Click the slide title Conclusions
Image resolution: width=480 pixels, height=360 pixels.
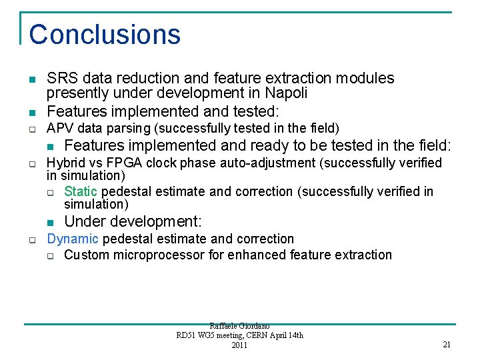(x=105, y=35)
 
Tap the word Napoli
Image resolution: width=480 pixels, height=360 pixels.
(x=287, y=94)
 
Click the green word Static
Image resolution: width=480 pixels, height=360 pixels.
(x=81, y=192)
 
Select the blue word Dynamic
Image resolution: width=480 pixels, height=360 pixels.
(x=73, y=239)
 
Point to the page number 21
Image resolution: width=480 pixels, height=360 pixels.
(x=447, y=345)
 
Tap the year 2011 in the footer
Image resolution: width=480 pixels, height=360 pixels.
(x=239, y=345)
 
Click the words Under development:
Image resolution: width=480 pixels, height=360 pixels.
(x=133, y=221)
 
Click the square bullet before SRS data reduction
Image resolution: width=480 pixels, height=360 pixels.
(x=32, y=79)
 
